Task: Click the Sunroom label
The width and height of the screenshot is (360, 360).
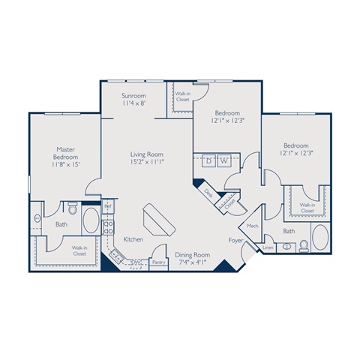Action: (133, 96)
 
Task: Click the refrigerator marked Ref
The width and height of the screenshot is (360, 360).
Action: (108, 205)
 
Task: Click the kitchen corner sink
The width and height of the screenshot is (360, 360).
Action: (116, 256)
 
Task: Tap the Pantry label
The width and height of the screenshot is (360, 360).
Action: (157, 262)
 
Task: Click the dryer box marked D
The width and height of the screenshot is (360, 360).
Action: (208, 160)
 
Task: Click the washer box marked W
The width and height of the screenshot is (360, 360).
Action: (223, 160)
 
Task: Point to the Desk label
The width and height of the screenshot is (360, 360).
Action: (208, 193)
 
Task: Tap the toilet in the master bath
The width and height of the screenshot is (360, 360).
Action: (71, 206)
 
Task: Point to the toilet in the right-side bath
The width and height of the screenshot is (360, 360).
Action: (304, 245)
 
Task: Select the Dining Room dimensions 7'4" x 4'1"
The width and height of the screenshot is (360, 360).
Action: (192, 262)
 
